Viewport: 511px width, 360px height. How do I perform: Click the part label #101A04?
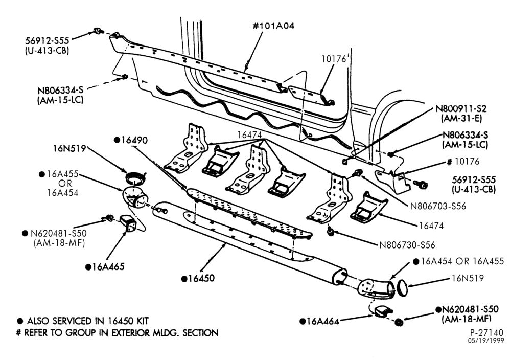click(274, 26)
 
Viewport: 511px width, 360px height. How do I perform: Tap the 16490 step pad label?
click(131, 140)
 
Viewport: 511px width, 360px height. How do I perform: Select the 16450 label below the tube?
click(198, 278)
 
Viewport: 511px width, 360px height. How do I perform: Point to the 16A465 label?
click(105, 267)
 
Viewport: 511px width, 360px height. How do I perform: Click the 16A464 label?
click(319, 321)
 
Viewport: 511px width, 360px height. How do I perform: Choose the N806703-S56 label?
click(438, 206)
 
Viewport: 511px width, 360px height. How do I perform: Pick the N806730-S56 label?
click(407, 244)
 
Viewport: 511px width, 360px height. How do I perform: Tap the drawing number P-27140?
click(486, 332)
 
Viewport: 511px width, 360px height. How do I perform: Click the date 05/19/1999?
click(486, 341)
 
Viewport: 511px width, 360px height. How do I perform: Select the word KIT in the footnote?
click(141, 321)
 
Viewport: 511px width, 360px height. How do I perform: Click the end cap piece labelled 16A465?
click(127, 223)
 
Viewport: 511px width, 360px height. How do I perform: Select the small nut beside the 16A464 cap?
click(398, 323)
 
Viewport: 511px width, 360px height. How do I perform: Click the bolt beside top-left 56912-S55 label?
click(98, 31)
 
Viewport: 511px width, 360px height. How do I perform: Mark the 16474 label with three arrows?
click(249, 134)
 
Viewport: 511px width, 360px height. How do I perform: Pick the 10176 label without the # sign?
click(333, 59)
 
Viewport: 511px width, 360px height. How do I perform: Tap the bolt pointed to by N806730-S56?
click(331, 232)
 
